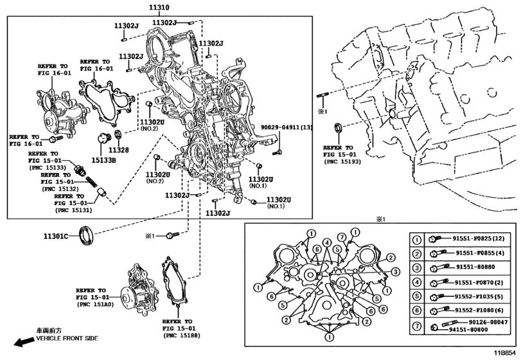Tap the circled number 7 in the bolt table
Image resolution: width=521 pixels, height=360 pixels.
pos(417,325)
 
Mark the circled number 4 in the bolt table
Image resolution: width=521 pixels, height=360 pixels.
pos(417,282)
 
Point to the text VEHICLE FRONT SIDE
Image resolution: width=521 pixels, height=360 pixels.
pos(66,338)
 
